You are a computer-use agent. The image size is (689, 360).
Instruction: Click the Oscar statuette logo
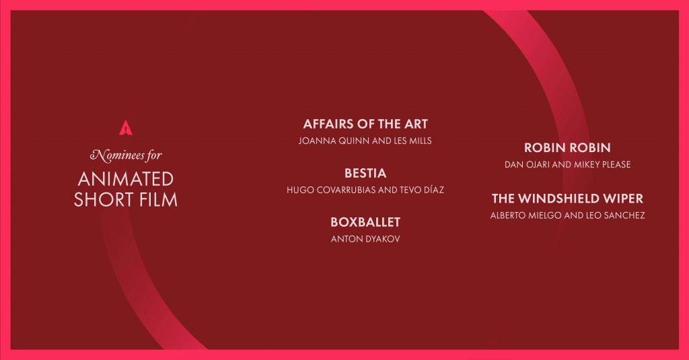coord(126,128)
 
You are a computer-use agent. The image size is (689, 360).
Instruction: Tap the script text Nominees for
coord(126,155)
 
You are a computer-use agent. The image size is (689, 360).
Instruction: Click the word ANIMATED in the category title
coord(126,179)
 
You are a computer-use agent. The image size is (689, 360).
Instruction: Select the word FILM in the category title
coord(159,200)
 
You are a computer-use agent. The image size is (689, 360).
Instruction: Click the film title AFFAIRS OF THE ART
coord(365,124)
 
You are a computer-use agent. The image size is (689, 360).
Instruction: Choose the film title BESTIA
coord(365,173)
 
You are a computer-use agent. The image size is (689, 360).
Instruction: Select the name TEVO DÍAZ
coord(423,190)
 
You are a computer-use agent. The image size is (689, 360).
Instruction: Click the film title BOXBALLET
coord(365,222)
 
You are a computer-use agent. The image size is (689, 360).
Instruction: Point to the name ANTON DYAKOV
coord(365,239)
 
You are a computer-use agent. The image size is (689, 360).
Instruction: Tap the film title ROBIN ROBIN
coord(567,147)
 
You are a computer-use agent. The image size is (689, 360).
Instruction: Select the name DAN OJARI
coord(526,165)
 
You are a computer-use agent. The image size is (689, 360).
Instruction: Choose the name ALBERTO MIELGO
coord(526,215)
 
